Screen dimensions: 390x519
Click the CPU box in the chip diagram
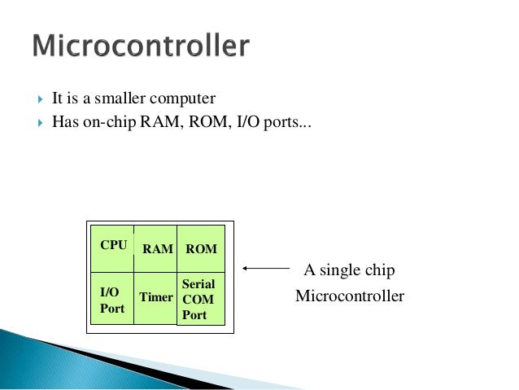[x=113, y=248]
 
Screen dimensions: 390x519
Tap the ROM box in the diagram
[x=201, y=249]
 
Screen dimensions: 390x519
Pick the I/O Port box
[x=112, y=300]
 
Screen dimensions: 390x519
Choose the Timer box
[x=155, y=298]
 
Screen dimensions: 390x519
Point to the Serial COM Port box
[x=200, y=300]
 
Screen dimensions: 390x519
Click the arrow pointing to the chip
[x=267, y=268]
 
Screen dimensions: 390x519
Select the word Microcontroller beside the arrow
[x=349, y=296]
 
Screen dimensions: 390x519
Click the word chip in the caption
[x=377, y=270]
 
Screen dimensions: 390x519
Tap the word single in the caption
[x=337, y=270]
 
